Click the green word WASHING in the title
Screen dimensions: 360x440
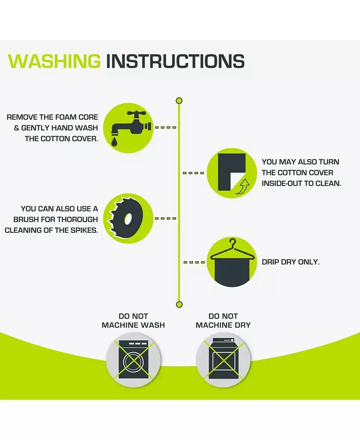[55, 61]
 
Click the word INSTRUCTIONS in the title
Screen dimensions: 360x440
[175, 61]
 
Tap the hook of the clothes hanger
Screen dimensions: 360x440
[233, 243]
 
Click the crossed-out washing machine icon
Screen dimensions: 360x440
[133, 360]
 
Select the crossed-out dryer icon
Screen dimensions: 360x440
[223, 360]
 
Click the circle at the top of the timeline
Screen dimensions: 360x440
[179, 101]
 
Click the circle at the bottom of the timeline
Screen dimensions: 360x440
[179, 304]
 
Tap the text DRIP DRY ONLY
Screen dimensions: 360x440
[290, 262]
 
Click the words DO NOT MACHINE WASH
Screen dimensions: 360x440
[133, 321]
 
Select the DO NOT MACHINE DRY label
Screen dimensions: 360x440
[223, 321]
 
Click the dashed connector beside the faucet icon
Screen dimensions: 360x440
[165, 127]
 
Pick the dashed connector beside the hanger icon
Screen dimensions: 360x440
[194, 263]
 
